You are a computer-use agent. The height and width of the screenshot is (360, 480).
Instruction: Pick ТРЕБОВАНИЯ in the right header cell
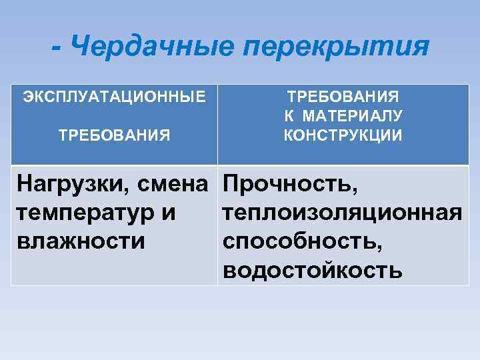(x=343, y=96)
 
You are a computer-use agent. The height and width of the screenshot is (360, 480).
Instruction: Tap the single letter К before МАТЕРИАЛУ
(x=289, y=116)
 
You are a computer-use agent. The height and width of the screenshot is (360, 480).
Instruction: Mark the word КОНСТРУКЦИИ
(x=343, y=136)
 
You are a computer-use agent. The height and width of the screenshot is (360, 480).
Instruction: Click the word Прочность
(x=291, y=182)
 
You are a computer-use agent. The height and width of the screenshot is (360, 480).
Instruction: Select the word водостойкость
(x=313, y=271)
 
